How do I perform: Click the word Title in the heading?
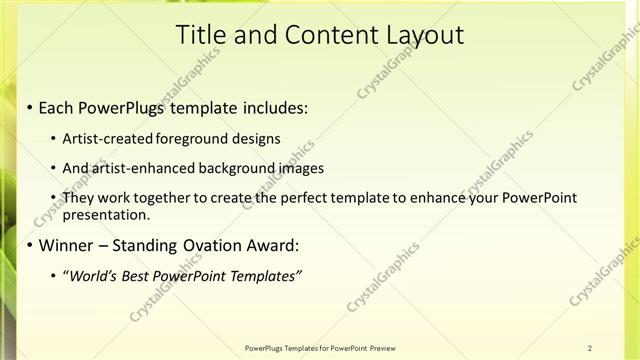pos(201,35)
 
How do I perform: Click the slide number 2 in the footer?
pos(590,348)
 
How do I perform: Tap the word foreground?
pos(194,139)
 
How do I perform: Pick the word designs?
pos(257,139)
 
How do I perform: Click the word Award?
pos(273,244)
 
